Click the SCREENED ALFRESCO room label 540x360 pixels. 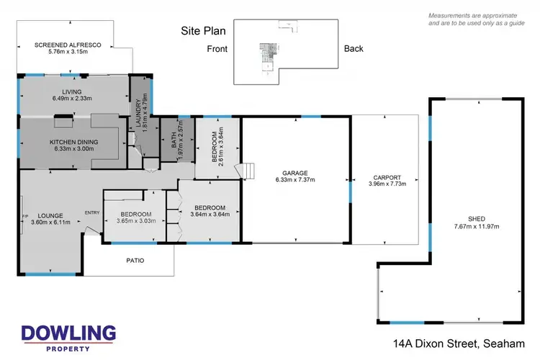pyautogui.click(x=68, y=45)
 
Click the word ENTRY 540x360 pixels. pyautogui.click(x=92, y=212)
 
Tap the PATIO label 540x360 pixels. pyautogui.click(x=135, y=260)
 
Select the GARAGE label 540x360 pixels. pyautogui.click(x=295, y=174)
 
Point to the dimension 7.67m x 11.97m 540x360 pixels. pyautogui.click(x=477, y=227)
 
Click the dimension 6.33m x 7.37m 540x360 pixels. pyautogui.click(x=295, y=181)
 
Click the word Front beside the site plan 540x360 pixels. pyautogui.click(x=217, y=48)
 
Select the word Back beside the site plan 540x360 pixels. pyautogui.click(x=354, y=48)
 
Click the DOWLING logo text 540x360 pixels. pyautogui.click(x=68, y=333)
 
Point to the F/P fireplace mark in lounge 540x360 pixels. pyautogui.click(x=25, y=215)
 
